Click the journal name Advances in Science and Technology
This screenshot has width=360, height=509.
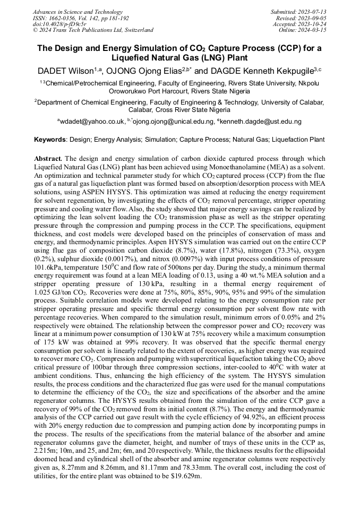pos(77,12)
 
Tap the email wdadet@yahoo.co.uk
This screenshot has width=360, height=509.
pos(92,122)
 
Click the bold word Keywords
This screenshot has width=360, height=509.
pos(50,140)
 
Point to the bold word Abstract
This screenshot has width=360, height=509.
pos(48,159)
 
